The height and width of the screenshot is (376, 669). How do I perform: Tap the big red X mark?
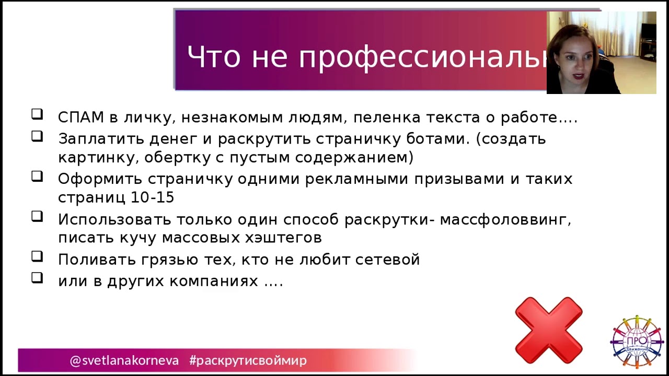tap(548, 330)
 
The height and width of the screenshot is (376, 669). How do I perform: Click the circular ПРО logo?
tap(637, 342)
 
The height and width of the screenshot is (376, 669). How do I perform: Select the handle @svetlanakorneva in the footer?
tap(124, 360)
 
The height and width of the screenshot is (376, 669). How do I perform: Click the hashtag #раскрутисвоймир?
tap(248, 360)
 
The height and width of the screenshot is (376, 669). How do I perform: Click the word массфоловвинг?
tap(505, 219)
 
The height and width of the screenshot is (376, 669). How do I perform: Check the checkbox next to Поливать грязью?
tap(37, 256)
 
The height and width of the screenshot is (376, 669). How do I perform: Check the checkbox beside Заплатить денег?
tap(37, 136)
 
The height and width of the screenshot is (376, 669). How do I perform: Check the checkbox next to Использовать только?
tap(37, 216)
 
